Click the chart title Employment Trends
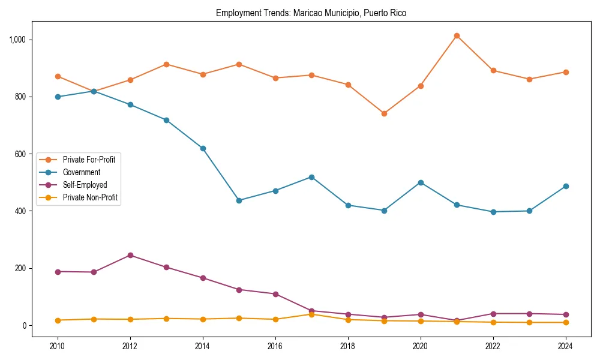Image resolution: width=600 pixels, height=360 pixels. click(x=311, y=13)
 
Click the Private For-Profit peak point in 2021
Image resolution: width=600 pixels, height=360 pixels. click(x=457, y=36)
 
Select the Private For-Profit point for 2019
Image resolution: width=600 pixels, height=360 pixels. click(x=384, y=113)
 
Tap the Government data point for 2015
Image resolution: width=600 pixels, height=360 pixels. click(x=239, y=200)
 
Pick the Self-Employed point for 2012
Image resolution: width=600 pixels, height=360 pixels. click(x=130, y=255)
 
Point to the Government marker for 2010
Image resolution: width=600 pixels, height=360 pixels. click(x=58, y=97)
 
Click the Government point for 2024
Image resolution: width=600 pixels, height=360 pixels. click(x=565, y=186)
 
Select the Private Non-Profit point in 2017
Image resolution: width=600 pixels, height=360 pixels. click(x=311, y=314)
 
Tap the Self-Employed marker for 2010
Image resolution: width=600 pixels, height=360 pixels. click(x=58, y=272)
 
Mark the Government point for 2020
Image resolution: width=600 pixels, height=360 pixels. click(x=420, y=182)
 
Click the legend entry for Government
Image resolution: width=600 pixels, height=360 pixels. click(x=82, y=172)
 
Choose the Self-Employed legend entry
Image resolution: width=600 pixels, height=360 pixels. click(x=85, y=185)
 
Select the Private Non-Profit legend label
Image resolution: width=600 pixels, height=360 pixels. click(x=90, y=198)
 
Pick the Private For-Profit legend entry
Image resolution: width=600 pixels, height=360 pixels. click(x=89, y=160)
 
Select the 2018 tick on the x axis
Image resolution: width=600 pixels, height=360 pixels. click(x=347, y=346)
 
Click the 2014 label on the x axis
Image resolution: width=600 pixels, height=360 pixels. click(x=203, y=346)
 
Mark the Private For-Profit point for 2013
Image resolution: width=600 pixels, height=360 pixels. click(x=166, y=64)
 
